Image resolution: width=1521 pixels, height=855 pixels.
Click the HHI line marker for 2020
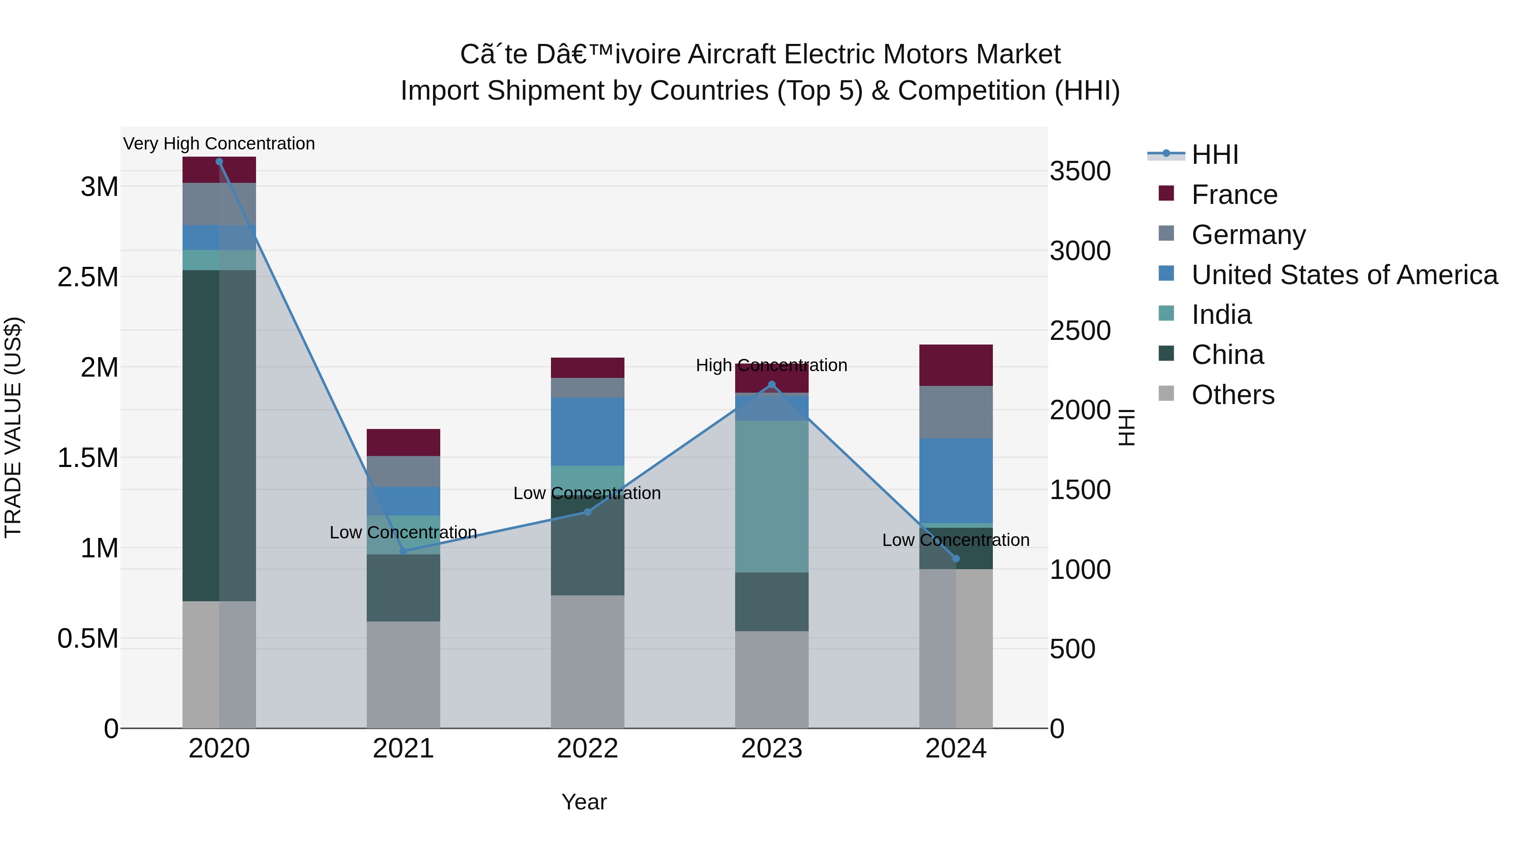click(219, 162)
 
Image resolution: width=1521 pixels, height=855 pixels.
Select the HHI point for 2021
click(403, 551)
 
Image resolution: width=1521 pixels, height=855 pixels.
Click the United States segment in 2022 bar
click(588, 432)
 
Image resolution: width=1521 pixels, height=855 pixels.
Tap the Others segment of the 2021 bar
click(403, 674)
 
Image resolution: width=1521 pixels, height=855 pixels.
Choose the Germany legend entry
click(1248, 235)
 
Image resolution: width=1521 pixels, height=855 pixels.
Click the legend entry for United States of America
click(1344, 275)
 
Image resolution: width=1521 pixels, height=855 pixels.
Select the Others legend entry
click(1232, 395)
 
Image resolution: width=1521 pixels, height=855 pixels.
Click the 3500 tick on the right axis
click(1080, 172)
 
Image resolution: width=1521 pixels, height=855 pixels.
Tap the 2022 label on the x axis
click(588, 749)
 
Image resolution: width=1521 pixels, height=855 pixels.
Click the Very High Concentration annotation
click(219, 144)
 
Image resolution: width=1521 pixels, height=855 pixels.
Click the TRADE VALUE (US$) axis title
click(13, 427)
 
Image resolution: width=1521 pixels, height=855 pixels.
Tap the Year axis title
click(584, 802)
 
